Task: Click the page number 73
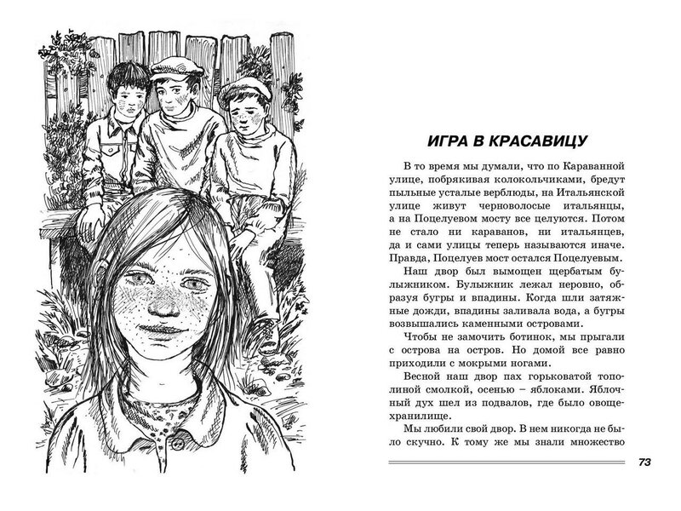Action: (x=644, y=462)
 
